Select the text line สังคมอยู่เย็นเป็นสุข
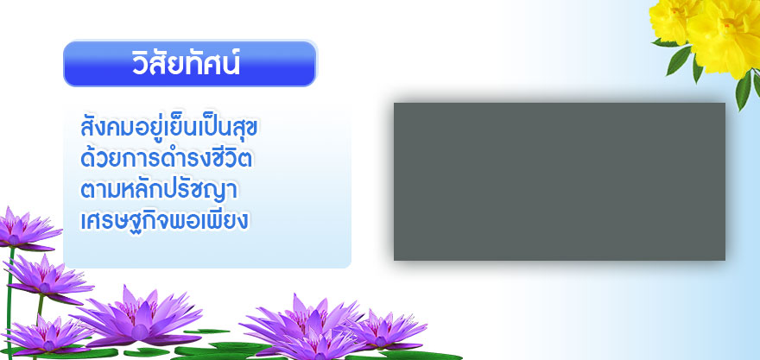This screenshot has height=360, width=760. click(169, 128)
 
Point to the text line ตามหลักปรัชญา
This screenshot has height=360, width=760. click(159, 189)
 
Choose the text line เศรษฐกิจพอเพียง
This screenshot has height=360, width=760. click(164, 220)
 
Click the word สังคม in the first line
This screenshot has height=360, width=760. click(106, 128)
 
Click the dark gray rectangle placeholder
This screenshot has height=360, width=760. click(560, 181)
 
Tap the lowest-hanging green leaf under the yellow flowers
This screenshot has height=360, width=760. click(743, 90)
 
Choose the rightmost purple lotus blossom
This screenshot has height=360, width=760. click(383, 331)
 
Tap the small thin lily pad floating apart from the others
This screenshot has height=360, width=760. click(207, 332)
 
